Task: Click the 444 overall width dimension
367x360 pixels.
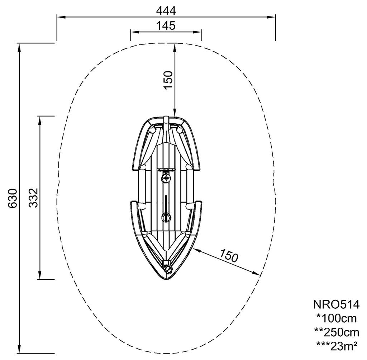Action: tap(166, 11)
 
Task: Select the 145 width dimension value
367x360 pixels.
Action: tap(166, 26)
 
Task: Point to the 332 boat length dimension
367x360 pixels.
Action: tap(33, 198)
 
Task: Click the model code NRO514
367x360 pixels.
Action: tap(336, 304)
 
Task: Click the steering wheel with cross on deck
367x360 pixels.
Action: tap(166, 178)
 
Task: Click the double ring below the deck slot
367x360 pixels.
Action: tap(166, 217)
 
